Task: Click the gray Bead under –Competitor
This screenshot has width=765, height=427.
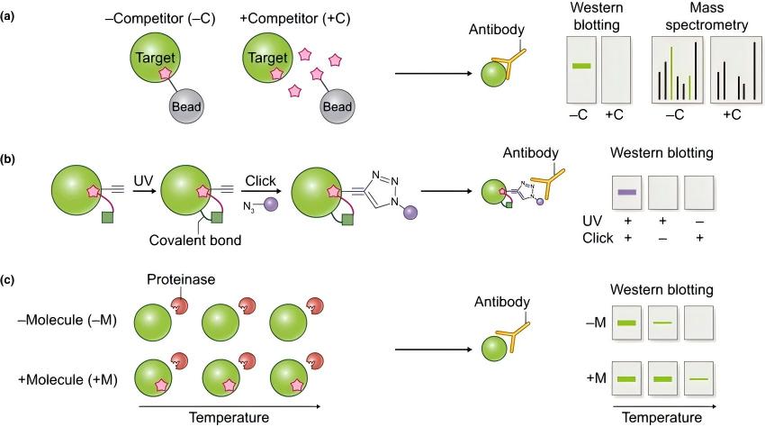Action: coord(186,106)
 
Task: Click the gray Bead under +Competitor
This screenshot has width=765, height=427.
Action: coord(337,106)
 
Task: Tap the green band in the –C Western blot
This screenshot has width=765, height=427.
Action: coord(581,66)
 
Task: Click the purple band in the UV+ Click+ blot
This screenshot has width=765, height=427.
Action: coord(627,193)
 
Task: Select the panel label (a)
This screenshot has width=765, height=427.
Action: coord(8,16)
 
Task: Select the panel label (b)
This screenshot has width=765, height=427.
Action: coord(8,159)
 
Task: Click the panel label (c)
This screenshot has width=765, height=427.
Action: coord(8,279)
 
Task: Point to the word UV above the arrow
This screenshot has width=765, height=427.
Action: coord(143,181)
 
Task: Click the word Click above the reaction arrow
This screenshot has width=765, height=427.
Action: coord(260,181)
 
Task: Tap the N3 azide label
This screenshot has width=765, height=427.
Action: coord(248,207)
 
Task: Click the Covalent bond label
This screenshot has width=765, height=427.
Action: coord(195,240)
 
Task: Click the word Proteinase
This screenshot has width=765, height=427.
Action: coord(181,279)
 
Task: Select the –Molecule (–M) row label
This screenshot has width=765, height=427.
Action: coord(67,320)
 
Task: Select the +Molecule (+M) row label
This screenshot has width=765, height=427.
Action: coord(67,379)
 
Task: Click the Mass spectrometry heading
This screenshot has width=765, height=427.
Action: coord(706,16)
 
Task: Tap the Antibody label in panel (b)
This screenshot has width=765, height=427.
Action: coord(530,153)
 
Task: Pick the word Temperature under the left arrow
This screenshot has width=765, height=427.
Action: coord(229,418)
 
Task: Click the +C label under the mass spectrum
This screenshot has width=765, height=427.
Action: coord(732,114)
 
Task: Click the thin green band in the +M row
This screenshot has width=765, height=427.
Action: coord(698,379)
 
